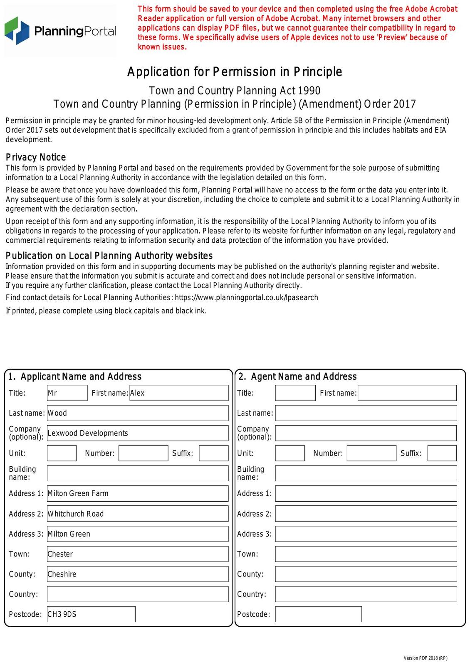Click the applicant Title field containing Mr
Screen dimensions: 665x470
[x=67, y=393]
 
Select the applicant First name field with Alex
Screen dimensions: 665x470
[x=179, y=393]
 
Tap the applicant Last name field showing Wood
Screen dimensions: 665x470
[x=137, y=413]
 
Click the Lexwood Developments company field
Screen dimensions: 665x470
[x=137, y=433]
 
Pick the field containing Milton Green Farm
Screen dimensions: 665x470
[x=137, y=493]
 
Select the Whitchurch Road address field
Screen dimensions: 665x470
[x=137, y=514]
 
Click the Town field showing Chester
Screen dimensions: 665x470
[x=137, y=554]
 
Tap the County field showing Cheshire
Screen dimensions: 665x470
[x=137, y=574]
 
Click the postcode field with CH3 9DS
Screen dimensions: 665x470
[x=91, y=614]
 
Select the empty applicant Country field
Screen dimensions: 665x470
[x=137, y=594]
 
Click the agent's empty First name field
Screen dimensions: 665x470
[x=407, y=393]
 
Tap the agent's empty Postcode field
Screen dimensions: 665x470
[x=318, y=614]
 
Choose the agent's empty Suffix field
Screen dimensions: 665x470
[x=442, y=453]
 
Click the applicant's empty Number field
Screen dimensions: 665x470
[x=143, y=453]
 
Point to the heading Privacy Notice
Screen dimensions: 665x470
[x=36, y=157]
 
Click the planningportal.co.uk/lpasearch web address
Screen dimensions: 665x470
[x=246, y=298]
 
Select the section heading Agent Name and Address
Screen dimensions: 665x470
[x=297, y=377]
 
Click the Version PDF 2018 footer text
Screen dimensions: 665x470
[x=425, y=658]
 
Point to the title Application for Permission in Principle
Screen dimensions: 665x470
[x=235, y=72]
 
